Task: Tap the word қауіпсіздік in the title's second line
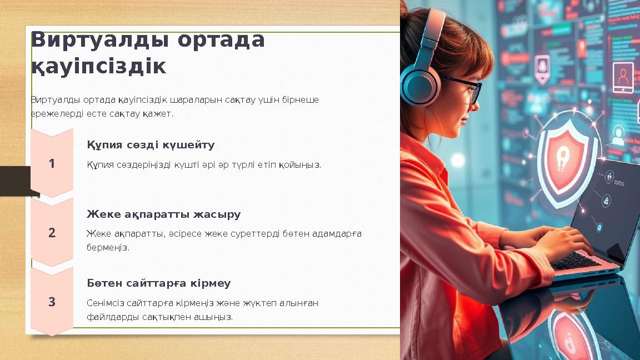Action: tap(98, 67)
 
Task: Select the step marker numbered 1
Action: tap(52, 164)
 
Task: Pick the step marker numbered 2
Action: tap(52, 233)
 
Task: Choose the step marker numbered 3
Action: tap(52, 302)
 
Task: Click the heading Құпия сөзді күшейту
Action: tap(151, 145)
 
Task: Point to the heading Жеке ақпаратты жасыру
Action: tap(163, 214)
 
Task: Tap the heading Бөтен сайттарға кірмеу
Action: tap(158, 283)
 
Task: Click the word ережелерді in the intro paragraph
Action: tap(53, 113)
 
